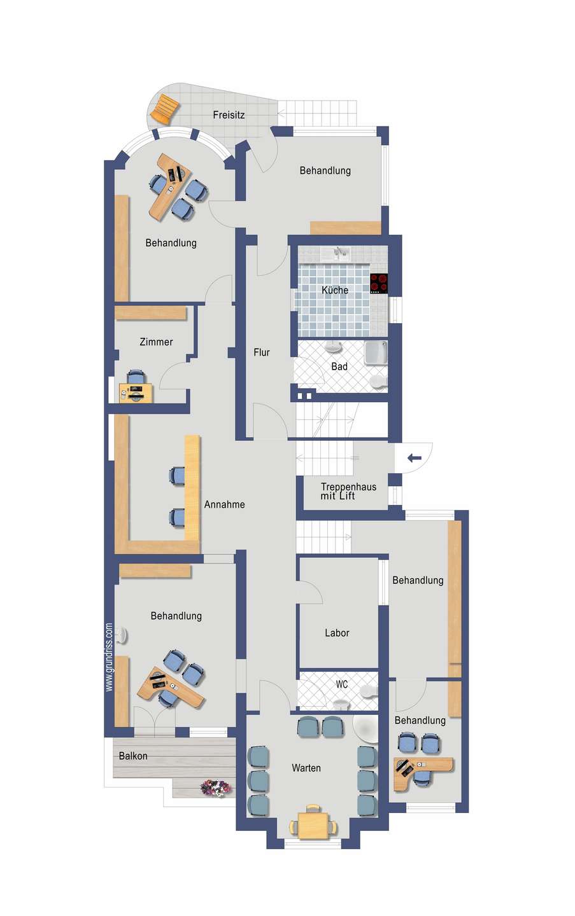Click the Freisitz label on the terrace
pyautogui.click(x=229, y=115)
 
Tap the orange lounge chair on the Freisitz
pyautogui.click(x=164, y=108)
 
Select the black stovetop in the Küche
pyautogui.click(x=379, y=284)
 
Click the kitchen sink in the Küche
pyautogui.click(x=336, y=254)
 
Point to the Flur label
pyautogui.click(x=262, y=352)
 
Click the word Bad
pyautogui.click(x=339, y=366)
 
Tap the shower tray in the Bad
pyautogui.click(x=376, y=352)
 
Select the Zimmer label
pyautogui.click(x=157, y=342)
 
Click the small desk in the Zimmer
pyautogui.click(x=136, y=393)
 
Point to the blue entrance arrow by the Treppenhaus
pyautogui.click(x=415, y=458)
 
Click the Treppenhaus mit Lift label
pyautogui.click(x=348, y=491)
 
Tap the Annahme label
pyautogui.click(x=224, y=504)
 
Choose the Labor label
pyautogui.click(x=337, y=633)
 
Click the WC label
pyautogui.click(x=342, y=684)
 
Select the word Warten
pyautogui.click(x=306, y=768)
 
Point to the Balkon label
pyautogui.click(x=133, y=756)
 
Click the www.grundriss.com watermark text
pyautogui.click(x=109, y=657)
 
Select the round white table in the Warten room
pyautogui.click(x=365, y=729)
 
